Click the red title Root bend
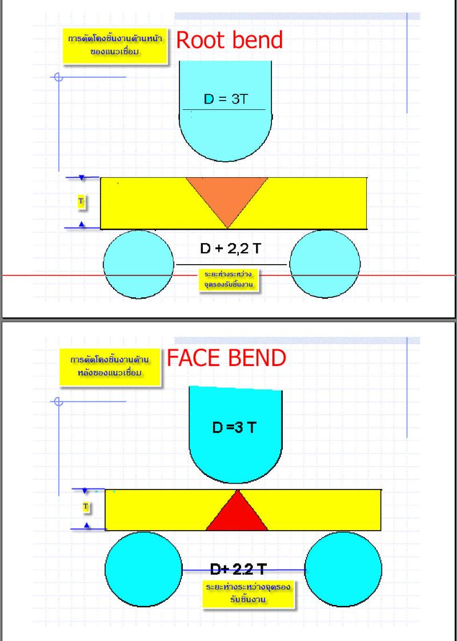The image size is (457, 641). (229, 40)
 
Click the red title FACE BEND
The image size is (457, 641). (226, 358)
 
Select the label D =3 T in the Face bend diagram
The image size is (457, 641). (234, 427)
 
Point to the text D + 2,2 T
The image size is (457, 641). (230, 249)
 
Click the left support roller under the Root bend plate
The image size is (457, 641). (138, 264)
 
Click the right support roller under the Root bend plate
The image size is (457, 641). (324, 264)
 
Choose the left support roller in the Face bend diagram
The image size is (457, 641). (143, 569)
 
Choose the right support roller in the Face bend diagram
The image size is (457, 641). (343, 569)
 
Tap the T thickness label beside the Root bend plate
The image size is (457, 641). (81, 201)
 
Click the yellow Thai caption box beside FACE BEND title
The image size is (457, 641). (109, 367)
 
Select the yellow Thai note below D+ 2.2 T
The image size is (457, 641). (248, 594)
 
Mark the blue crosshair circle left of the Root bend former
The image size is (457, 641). (58, 77)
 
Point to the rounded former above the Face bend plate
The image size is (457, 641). (235, 435)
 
